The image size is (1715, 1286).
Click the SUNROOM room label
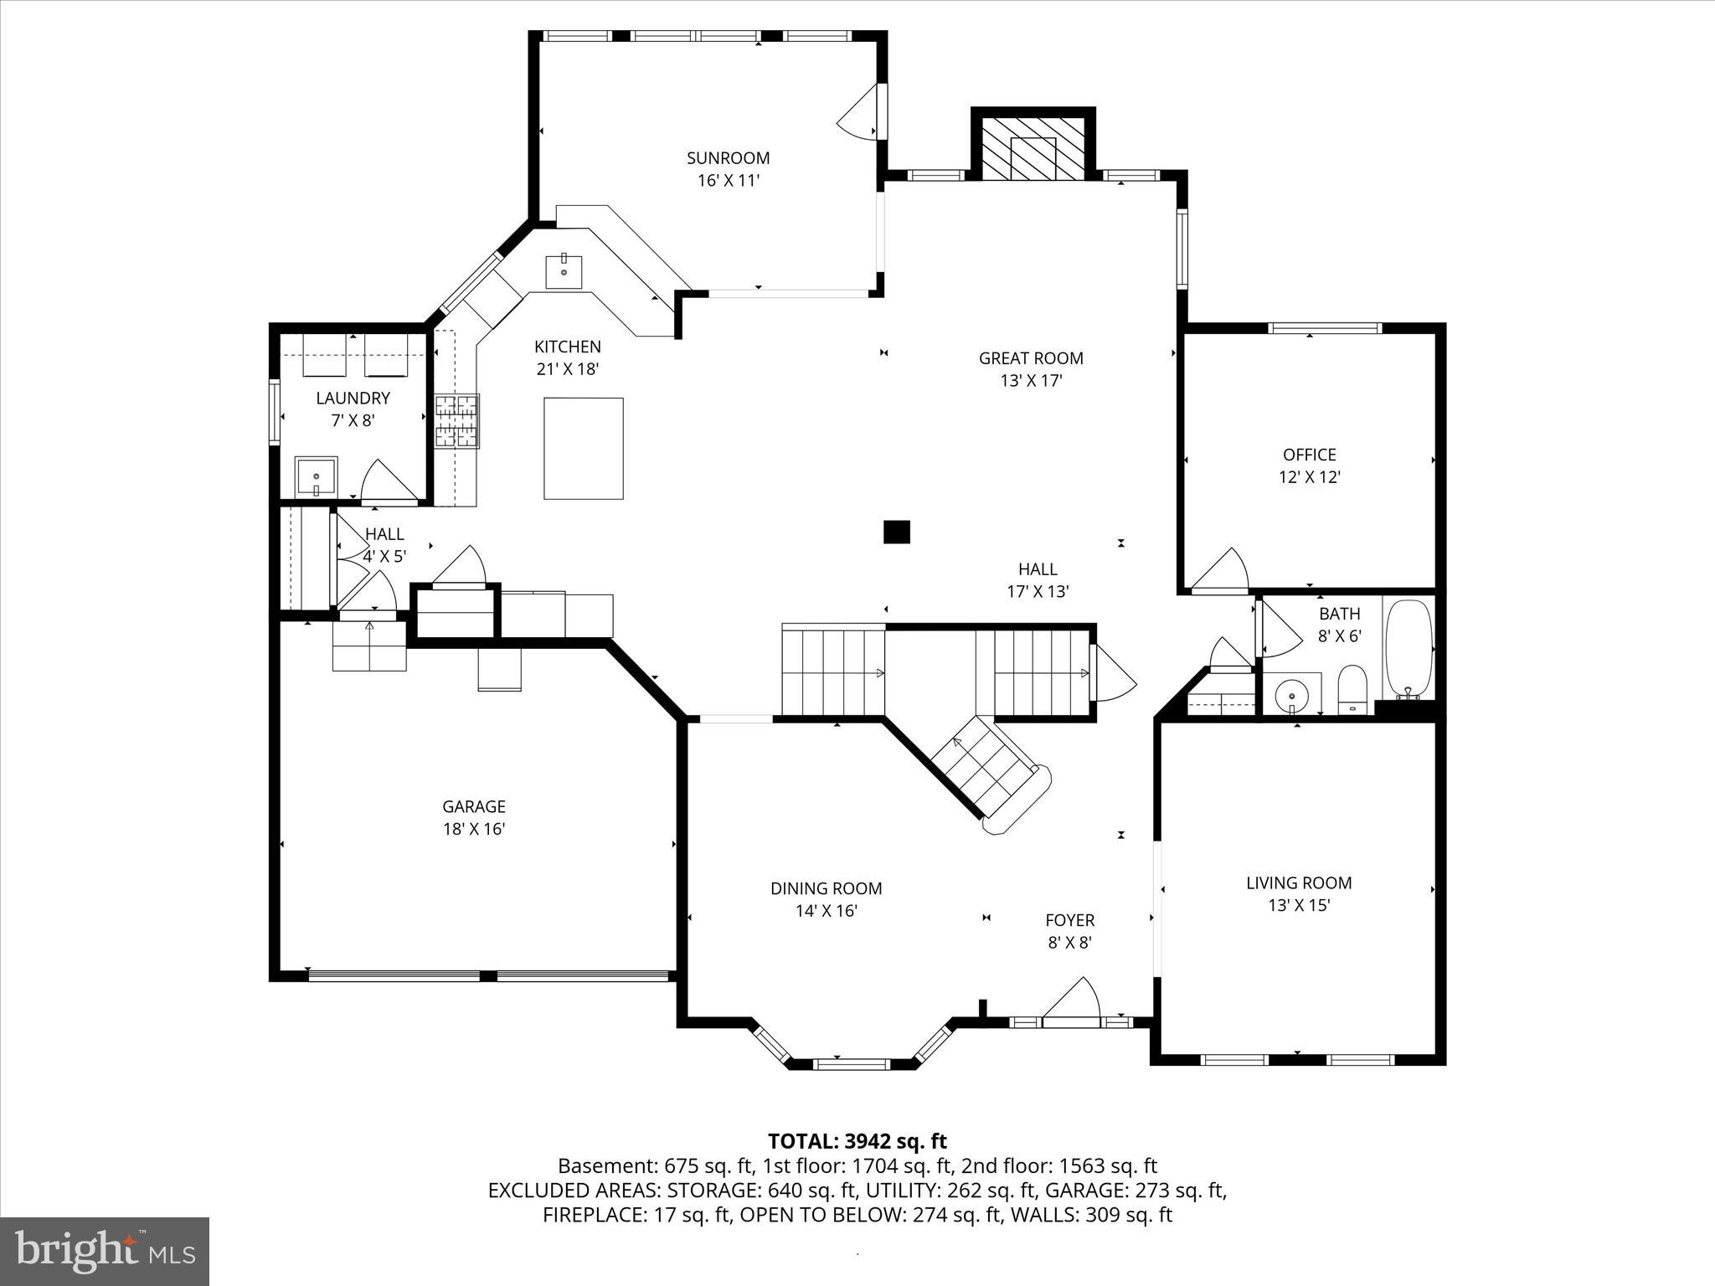pyautogui.click(x=728, y=158)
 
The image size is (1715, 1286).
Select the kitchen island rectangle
pyautogui.click(x=583, y=449)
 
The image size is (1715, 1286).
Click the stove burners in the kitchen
pyautogui.click(x=456, y=421)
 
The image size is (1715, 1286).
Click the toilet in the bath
pyautogui.click(x=1352, y=689)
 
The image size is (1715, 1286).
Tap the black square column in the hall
pyautogui.click(x=897, y=532)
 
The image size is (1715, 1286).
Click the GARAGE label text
pyautogui.click(x=474, y=806)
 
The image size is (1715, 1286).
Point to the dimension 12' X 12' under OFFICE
pyautogui.click(x=1309, y=477)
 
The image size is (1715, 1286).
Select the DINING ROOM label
pyautogui.click(x=826, y=888)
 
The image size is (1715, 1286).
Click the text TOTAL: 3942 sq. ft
pyautogui.click(x=857, y=1141)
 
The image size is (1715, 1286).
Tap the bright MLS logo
pyautogui.click(x=105, y=1251)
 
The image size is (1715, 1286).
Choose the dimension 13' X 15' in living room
pyautogui.click(x=1299, y=905)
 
